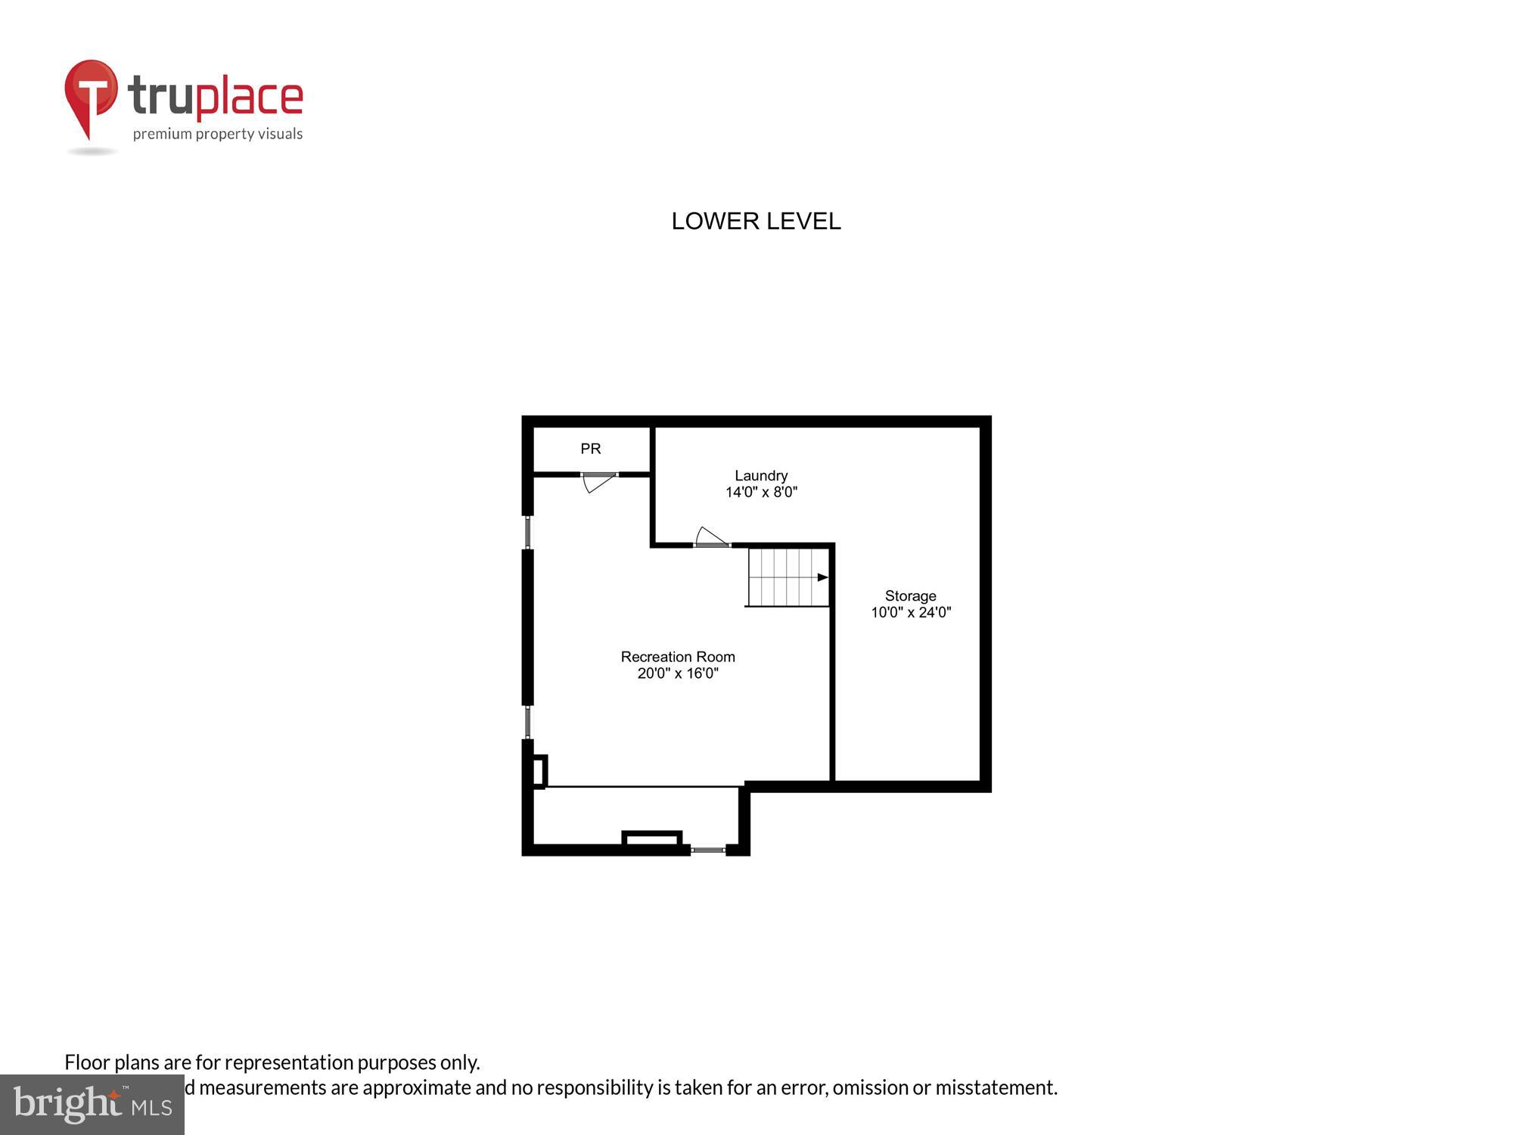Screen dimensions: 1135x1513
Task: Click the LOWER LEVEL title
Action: click(x=756, y=221)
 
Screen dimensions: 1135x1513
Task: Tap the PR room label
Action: click(x=590, y=449)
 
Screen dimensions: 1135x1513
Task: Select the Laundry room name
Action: click(x=761, y=475)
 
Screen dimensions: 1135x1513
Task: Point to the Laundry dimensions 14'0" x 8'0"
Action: click(x=761, y=492)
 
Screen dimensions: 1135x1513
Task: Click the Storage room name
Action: click(x=910, y=595)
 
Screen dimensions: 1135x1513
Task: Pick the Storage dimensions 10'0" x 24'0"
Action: click(x=910, y=612)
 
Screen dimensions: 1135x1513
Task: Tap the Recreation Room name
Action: click(x=677, y=657)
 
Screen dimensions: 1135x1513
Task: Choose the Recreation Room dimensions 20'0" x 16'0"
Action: click(x=677, y=673)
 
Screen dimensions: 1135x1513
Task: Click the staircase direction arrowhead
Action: click(x=822, y=577)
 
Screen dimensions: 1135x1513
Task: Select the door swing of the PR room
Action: click(x=598, y=482)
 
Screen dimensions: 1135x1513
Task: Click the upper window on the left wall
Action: click(x=528, y=532)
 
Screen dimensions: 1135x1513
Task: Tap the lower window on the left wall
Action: click(x=528, y=722)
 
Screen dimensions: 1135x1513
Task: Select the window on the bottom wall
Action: click(x=708, y=850)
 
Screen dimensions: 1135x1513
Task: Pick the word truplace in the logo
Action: click(x=216, y=96)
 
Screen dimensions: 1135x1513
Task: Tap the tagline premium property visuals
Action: click(x=218, y=134)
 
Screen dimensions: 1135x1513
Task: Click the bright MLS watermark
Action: click(x=92, y=1105)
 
